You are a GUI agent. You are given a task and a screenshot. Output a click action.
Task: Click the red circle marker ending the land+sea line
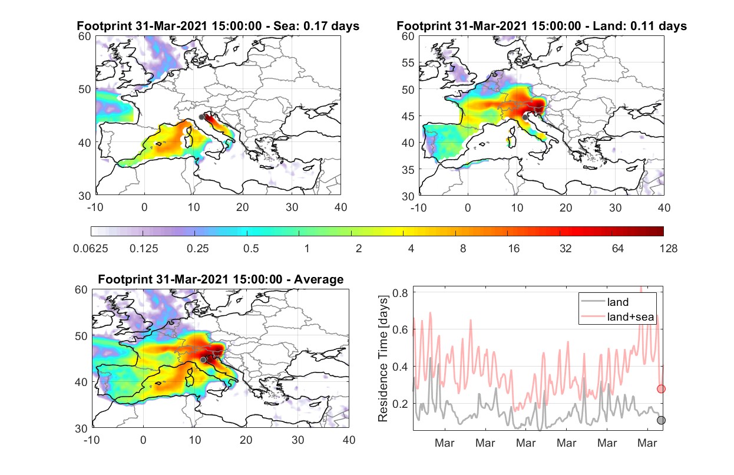click(662, 389)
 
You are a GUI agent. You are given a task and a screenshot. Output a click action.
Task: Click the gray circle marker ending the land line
click(662, 420)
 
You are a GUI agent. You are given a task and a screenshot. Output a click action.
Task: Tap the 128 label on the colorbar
click(668, 249)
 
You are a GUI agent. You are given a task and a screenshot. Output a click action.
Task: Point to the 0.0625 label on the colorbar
click(91, 249)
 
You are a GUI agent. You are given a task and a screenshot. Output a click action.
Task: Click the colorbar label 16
click(514, 249)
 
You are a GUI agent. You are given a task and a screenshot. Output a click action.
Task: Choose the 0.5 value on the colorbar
click(251, 249)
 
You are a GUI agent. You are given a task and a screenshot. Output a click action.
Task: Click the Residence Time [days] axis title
click(383, 359)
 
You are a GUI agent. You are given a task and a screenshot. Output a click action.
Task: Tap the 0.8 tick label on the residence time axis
click(400, 293)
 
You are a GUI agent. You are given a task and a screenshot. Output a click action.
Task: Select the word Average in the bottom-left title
click(319, 279)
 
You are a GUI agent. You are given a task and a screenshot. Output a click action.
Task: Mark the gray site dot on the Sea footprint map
click(201, 117)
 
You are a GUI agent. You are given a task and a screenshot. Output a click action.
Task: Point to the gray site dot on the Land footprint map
click(525, 117)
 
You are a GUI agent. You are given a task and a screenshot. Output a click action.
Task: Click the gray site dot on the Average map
click(203, 360)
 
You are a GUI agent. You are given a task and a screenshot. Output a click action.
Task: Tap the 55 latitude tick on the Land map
click(408, 62)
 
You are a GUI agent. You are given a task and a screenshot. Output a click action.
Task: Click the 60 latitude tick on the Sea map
click(84, 36)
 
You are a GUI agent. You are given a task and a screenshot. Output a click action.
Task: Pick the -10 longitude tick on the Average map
click(91, 440)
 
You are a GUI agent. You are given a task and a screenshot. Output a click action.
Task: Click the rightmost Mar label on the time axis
click(647, 443)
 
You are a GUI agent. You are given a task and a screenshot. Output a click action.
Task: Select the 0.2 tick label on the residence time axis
click(400, 404)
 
